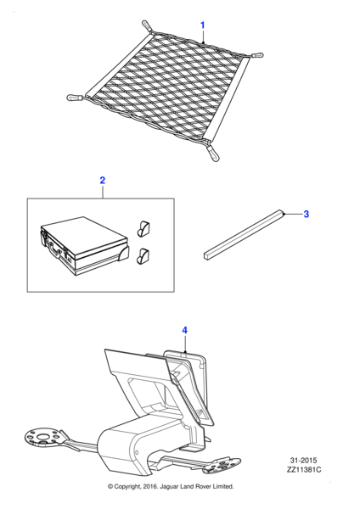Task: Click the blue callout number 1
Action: tap(202, 25)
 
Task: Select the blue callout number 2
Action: tap(103, 180)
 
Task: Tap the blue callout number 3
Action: tap(306, 215)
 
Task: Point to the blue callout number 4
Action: tap(184, 331)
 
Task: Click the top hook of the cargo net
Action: tap(147, 26)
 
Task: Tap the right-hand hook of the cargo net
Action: tap(256, 55)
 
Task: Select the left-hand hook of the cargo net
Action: tap(75, 98)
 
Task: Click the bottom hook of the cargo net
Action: tap(212, 154)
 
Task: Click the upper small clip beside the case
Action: tap(143, 228)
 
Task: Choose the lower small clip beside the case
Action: tap(143, 256)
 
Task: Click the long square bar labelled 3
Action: tap(244, 234)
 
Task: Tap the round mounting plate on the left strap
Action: tap(43, 437)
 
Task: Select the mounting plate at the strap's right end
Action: tap(223, 465)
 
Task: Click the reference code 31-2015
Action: tap(303, 461)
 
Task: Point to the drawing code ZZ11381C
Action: tap(304, 469)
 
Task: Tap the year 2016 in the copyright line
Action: tap(149, 486)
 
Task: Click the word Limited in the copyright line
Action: tap(223, 486)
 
